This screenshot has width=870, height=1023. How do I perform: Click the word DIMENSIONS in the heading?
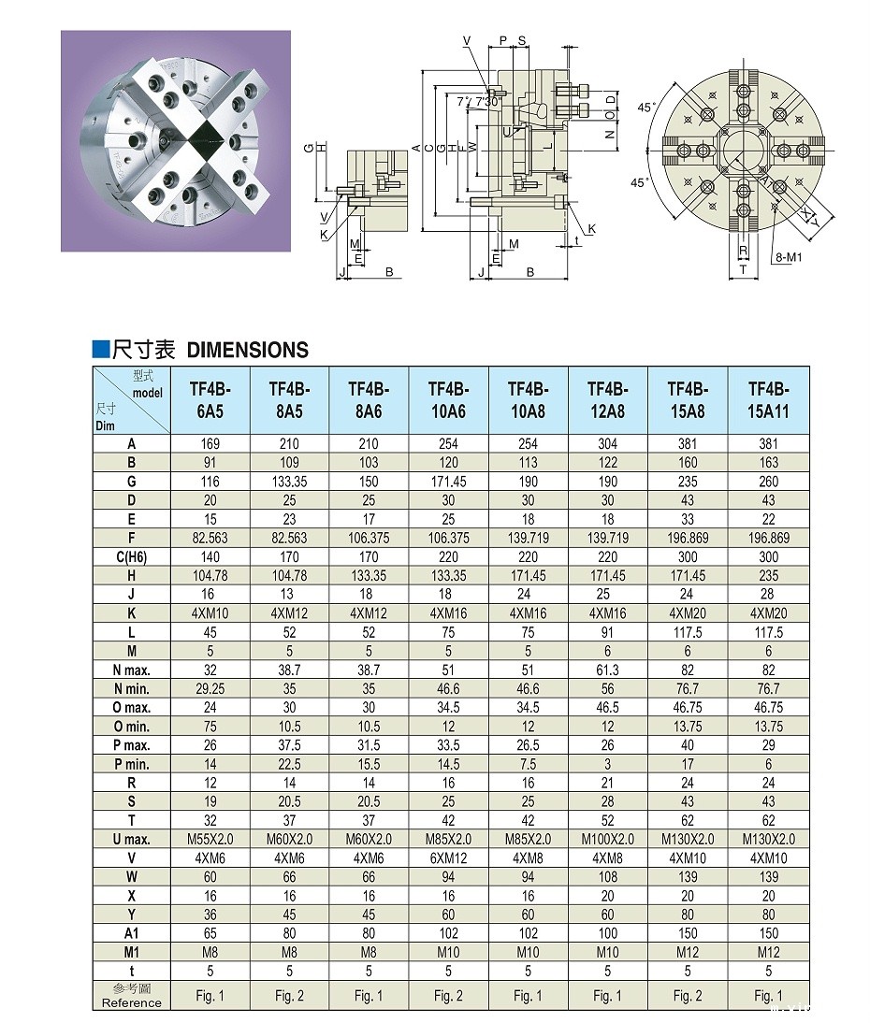click(248, 350)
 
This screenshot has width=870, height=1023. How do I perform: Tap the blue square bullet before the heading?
click(100, 350)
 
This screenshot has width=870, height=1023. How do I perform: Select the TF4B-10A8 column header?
click(528, 400)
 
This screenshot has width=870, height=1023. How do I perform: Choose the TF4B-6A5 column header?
click(210, 400)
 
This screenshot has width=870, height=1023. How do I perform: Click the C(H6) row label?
click(131, 557)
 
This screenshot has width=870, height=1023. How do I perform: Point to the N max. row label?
click(131, 670)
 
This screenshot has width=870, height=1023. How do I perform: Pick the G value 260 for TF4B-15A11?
click(768, 482)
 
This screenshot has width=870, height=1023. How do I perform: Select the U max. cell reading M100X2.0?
click(607, 839)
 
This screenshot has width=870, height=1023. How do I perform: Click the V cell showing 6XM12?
click(448, 857)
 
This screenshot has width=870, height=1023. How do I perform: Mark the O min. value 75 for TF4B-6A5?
click(210, 727)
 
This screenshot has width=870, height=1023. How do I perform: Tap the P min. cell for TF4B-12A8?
click(607, 764)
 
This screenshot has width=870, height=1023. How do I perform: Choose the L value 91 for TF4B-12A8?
click(607, 632)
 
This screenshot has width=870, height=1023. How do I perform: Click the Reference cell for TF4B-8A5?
click(289, 996)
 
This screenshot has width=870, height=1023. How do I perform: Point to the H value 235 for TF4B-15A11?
click(768, 576)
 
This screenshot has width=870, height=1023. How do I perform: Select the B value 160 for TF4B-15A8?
click(688, 463)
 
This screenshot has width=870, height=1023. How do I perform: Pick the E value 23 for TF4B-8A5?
click(289, 519)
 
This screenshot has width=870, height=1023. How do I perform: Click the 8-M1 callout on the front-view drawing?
click(789, 256)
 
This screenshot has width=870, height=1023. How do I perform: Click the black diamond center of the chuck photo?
click(204, 141)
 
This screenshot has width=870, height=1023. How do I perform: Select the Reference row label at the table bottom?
click(131, 996)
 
